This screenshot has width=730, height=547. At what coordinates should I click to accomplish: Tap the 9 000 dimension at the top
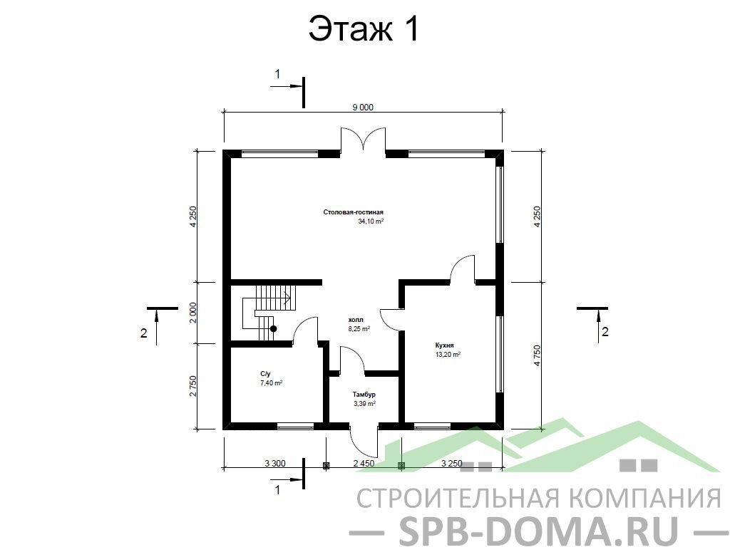coord(363,108)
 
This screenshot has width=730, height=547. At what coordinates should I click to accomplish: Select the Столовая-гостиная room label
coord(354,212)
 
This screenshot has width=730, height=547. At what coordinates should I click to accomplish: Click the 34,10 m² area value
coord(371,222)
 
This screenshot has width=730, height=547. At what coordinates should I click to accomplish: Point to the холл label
coord(356,320)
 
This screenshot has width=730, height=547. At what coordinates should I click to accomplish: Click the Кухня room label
coord(444,345)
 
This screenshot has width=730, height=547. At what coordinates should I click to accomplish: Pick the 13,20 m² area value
coord(448,355)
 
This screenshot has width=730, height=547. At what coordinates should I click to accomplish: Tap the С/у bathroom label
coord(265,374)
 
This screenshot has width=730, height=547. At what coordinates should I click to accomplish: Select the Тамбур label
coord(364,395)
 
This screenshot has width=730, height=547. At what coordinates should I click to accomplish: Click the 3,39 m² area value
coord(364,404)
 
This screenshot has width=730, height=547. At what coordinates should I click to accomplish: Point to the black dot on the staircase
coord(274,329)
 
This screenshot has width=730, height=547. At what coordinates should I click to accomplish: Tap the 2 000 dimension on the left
coord(193,313)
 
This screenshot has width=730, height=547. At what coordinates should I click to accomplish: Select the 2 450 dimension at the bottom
coord(364,463)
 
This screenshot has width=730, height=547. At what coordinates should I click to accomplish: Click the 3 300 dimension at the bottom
coord(274,463)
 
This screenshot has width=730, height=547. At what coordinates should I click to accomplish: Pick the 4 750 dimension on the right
coord(538,355)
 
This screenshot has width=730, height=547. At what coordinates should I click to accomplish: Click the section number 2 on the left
coord(144,333)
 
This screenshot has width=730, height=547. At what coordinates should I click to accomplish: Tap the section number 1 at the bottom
coord(277,490)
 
